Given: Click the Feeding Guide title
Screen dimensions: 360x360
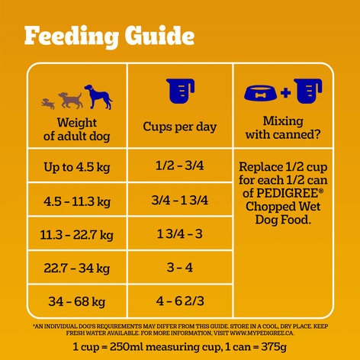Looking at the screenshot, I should [x=109, y=35].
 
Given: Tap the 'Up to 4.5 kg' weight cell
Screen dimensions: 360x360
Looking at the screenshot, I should [x=76, y=166].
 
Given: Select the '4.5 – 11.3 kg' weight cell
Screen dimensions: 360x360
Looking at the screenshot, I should [x=76, y=201].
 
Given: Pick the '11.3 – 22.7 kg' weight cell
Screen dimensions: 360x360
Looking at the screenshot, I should [x=76, y=234].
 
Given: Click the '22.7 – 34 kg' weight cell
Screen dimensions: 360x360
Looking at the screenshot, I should [x=76, y=267].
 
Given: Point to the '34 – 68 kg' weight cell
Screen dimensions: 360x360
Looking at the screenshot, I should [x=76, y=301].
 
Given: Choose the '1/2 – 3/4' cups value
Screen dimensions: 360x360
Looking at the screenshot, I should [x=179, y=166].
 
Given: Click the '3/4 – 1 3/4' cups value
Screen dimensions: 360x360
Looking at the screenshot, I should [x=179, y=201].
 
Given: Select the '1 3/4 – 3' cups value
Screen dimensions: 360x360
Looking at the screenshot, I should [x=179, y=234].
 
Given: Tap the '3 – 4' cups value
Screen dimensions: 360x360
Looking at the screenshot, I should [x=179, y=267].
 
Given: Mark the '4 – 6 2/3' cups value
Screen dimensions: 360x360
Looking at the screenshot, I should [x=179, y=301].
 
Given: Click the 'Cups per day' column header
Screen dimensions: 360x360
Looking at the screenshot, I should [x=179, y=127].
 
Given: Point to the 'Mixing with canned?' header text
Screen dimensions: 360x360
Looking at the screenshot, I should [x=281, y=128].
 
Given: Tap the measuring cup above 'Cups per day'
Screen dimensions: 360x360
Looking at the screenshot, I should [x=180, y=92].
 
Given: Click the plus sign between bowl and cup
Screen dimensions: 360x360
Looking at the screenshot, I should [x=285, y=93].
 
